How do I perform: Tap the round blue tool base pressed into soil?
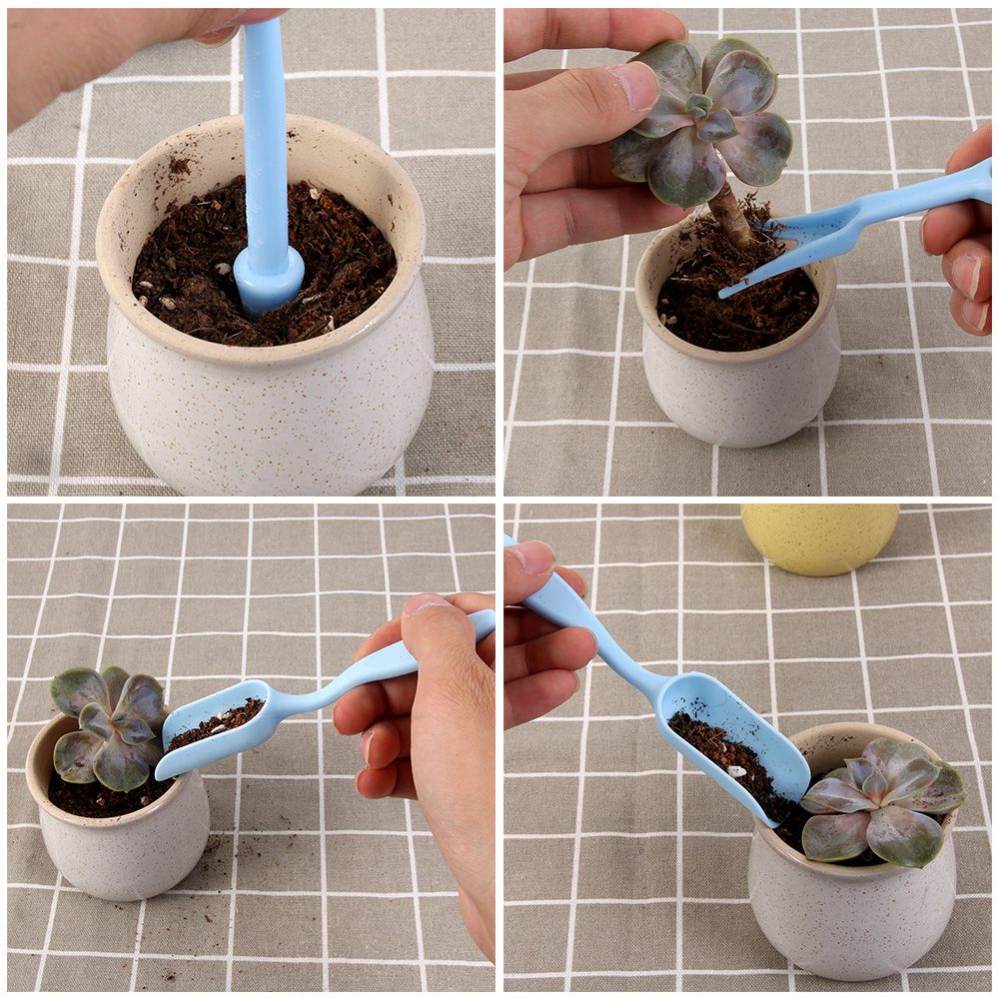pyautogui.click(x=269, y=283)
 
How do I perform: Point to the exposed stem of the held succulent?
pyautogui.click(x=732, y=215)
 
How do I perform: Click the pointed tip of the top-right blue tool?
pyautogui.click(x=725, y=293)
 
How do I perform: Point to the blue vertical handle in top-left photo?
pyautogui.click(x=265, y=140)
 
